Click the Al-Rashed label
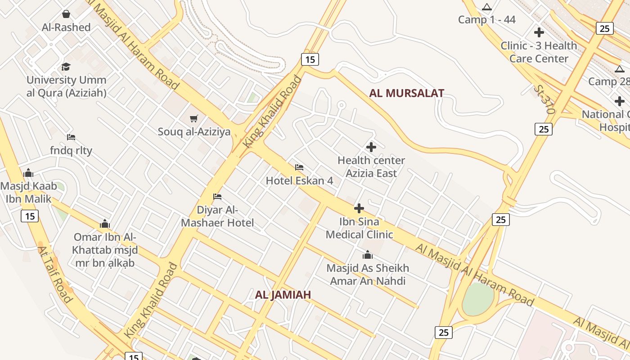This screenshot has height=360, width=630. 66,27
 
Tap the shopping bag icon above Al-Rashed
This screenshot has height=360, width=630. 66,14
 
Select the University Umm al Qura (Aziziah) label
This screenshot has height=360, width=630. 67,86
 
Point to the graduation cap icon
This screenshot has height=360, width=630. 66,67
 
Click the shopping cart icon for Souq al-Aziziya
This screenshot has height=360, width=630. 194,119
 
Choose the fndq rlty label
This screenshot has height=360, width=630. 71,150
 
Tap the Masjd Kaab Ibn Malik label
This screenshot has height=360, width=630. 29,193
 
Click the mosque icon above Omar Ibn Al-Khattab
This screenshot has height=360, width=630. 105,224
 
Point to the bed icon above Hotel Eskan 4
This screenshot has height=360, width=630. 299,167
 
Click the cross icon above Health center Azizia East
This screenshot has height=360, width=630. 371,147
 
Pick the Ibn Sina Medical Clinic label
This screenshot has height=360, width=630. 359,228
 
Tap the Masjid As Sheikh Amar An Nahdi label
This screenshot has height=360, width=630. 368,274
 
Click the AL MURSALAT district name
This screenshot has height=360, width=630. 407,94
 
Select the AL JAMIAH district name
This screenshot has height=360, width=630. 283,295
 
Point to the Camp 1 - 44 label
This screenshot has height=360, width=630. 487,20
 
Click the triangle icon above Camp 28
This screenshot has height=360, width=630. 620,69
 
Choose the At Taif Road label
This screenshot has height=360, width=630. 55,274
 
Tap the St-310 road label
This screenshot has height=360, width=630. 544,99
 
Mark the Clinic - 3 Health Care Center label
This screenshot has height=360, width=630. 539,52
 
